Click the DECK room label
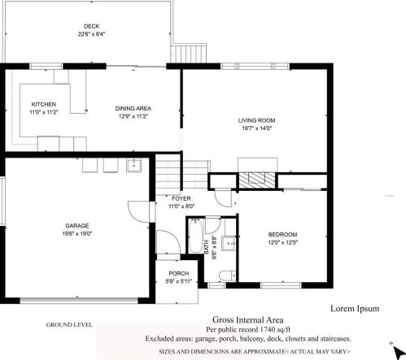coord(91,26)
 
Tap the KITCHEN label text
coord(44,106)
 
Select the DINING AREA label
coord(133,108)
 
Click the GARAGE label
coord(77,225)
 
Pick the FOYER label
coord(181,198)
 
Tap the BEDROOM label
coord(282,234)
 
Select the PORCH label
coord(178,274)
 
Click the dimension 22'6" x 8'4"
coord(91,34)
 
